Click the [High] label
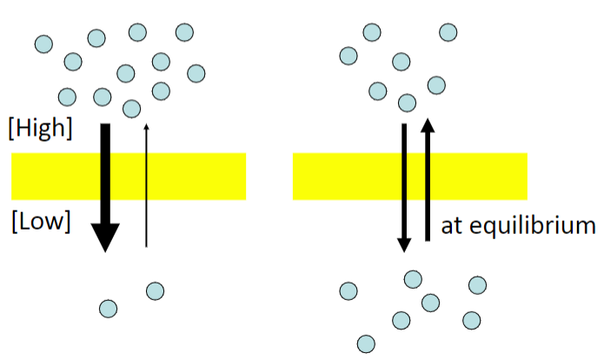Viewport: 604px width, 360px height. click(x=41, y=129)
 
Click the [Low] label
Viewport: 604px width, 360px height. click(x=41, y=222)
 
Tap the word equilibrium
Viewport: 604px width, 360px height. click(x=533, y=226)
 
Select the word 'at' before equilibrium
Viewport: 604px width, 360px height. click(x=452, y=226)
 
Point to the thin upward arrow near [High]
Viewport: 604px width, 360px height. click(x=146, y=185)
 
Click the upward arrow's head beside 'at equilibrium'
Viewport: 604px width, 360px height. click(x=428, y=126)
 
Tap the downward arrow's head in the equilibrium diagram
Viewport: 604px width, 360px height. click(x=404, y=245)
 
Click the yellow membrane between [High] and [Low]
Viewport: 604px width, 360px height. click(x=129, y=177)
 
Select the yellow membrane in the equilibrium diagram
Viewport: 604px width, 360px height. click(x=410, y=177)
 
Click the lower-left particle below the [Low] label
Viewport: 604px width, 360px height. click(x=109, y=309)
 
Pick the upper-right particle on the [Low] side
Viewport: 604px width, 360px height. click(x=156, y=291)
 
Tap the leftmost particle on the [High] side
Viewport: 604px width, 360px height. click(x=43, y=44)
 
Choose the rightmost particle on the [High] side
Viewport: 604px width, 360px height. click(x=196, y=73)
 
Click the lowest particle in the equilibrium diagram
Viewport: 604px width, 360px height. click(x=366, y=343)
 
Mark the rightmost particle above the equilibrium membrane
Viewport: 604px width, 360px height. click(x=448, y=32)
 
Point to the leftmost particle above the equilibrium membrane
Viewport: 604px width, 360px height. click(x=348, y=56)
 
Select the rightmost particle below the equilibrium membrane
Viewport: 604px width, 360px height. click(x=477, y=285)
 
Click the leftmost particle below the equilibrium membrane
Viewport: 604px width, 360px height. click(x=348, y=291)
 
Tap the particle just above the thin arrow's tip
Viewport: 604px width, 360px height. click(x=132, y=109)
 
